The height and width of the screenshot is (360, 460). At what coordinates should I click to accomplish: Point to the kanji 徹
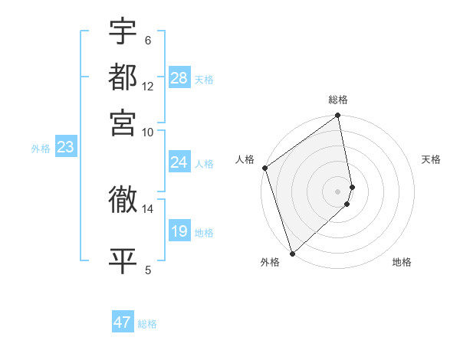tap(123, 200)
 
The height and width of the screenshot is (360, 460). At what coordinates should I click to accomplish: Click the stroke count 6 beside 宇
tap(148, 40)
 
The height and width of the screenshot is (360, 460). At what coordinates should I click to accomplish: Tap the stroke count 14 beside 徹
tap(148, 208)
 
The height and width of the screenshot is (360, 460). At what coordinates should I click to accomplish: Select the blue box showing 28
tap(179, 78)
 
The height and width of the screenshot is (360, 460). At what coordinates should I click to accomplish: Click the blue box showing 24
tap(179, 162)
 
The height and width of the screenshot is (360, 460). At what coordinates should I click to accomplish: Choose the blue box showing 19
tap(179, 231)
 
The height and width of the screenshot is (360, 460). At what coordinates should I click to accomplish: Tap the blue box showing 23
tap(65, 147)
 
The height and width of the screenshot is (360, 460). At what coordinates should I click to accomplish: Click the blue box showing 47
tap(123, 322)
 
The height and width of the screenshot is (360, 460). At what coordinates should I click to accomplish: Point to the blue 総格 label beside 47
tap(147, 324)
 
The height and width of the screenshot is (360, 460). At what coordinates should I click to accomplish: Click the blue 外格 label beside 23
tap(40, 149)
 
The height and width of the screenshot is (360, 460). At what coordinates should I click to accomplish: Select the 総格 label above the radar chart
tap(338, 100)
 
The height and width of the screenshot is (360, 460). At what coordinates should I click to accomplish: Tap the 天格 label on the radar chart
tap(431, 159)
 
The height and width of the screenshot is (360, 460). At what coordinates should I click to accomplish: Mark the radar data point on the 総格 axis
tap(338, 116)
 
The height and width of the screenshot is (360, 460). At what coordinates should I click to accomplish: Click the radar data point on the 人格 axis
tap(264, 168)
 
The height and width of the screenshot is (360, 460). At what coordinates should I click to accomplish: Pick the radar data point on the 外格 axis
tap(292, 253)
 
